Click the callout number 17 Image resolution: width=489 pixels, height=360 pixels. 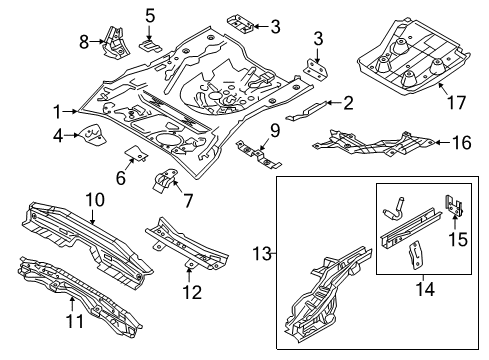[456, 102]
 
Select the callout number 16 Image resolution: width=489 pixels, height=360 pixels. [462, 143]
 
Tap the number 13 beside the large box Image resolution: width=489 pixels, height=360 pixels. [262, 254]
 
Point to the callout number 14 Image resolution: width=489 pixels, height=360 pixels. [425, 289]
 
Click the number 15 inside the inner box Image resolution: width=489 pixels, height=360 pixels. [458, 239]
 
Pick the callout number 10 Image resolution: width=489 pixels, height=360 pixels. [95, 200]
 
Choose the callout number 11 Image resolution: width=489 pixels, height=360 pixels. [75, 321]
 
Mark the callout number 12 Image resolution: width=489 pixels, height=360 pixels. [192, 292]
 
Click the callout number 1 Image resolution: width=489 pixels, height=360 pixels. [58, 112]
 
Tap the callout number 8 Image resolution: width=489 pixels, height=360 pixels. [84, 42]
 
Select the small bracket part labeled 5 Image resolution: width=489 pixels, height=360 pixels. [150, 46]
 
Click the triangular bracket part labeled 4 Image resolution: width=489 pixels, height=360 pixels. [91, 135]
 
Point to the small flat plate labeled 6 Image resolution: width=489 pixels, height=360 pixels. [136, 152]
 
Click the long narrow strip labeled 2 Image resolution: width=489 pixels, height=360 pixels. [306, 112]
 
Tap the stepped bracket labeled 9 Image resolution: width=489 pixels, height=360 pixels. [258, 154]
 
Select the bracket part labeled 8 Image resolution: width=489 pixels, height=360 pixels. [115, 43]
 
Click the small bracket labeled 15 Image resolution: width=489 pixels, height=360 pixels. [454, 206]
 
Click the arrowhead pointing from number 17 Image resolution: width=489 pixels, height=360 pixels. [441, 85]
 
